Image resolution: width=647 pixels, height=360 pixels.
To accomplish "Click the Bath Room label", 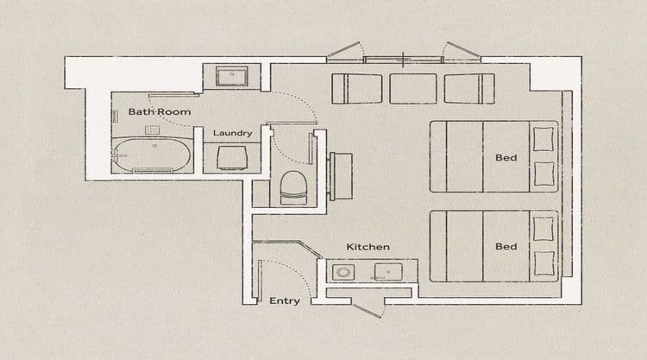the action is point(160,111).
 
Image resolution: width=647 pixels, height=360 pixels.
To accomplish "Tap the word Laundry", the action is point(232,133).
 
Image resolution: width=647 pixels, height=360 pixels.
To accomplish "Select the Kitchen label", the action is point(367,246).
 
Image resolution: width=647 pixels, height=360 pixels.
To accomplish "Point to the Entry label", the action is point(285,300).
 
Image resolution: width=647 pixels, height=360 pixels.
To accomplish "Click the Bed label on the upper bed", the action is point(506,157).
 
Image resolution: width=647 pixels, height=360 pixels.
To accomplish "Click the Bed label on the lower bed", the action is point(506,246).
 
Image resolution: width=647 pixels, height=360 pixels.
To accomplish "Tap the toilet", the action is point(293,188).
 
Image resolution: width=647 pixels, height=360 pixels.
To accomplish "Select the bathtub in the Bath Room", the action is point(152,155).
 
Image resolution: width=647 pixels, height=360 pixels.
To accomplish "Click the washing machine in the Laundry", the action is point(232,158).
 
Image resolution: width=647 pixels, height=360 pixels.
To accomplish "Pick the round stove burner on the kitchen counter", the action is point(343,273).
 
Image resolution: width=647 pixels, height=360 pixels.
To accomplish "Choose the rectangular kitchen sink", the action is point(388,272).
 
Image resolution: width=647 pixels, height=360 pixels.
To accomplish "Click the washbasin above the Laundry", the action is point(232,76).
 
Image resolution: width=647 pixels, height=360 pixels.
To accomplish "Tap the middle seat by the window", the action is point(413,89).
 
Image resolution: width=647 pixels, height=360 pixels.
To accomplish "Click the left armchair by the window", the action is point(357,89).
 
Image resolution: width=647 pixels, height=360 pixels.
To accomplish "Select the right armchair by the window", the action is point(469,89).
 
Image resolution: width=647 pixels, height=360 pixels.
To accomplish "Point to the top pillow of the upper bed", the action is point(543,139).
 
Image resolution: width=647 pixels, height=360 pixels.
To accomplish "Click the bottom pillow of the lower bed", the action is point(544,263).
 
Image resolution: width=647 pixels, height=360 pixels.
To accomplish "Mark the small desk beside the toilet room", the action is point(341,176).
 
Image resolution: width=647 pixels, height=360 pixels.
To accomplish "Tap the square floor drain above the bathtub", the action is point(152,130).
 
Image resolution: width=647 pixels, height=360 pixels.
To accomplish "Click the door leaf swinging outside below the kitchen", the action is point(367,312).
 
